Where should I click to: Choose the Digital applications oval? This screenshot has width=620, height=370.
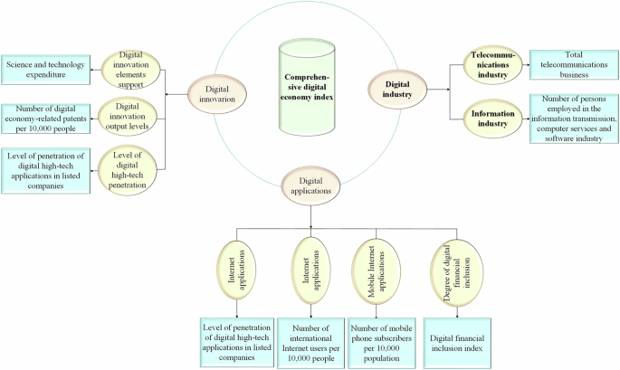310,185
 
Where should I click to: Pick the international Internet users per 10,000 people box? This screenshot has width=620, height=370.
310,342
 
